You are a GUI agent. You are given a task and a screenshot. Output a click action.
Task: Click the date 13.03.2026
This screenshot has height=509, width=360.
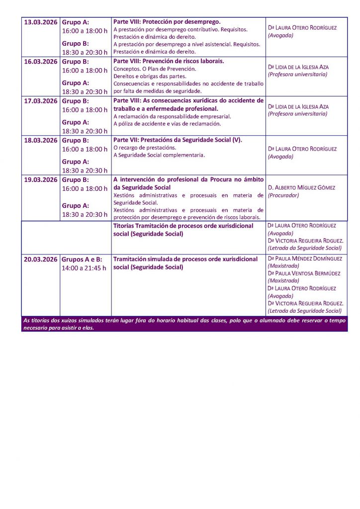(x=41, y=22)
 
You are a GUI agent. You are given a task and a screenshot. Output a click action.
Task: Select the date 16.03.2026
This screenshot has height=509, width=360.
(x=41, y=62)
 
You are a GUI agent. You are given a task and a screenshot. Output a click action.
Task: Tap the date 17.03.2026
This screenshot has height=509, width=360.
(x=41, y=101)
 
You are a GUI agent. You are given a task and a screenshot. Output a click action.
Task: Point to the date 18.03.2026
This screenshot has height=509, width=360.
(x=41, y=140)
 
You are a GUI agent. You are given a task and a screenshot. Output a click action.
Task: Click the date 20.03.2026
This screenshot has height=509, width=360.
(x=41, y=259)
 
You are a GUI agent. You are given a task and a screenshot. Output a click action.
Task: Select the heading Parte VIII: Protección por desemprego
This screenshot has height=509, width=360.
(x=167, y=22)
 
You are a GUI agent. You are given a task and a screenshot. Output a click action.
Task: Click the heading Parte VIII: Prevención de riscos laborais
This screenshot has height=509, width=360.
(x=169, y=61)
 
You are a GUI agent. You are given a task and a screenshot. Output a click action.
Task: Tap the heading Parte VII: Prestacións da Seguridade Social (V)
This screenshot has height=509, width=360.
(x=178, y=140)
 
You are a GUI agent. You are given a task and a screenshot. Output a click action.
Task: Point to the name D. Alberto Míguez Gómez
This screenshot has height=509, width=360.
(x=301, y=188)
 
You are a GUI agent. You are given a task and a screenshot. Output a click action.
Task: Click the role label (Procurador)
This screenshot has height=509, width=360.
(x=283, y=195)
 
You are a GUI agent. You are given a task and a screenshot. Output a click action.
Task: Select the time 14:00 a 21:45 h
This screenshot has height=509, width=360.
(x=84, y=268)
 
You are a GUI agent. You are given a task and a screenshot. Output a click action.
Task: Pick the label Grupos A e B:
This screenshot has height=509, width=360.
(x=82, y=259)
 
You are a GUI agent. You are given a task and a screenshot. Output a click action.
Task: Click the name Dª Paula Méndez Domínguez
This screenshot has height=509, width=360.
(x=305, y=258)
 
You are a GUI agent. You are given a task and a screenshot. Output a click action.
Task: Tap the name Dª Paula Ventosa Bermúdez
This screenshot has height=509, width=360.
(x=304, y=273)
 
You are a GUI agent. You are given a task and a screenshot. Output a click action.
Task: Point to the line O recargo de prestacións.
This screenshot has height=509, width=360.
(x=145, y=148)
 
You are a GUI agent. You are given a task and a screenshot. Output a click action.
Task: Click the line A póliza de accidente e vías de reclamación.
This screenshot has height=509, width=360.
(x=167, y=123)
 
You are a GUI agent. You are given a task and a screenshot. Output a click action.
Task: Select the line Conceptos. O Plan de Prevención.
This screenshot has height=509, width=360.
(x=155, y=69)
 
